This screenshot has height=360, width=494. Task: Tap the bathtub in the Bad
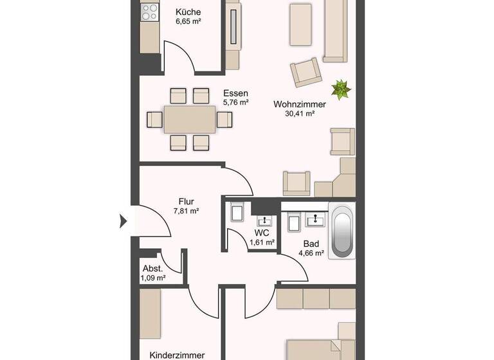[342, 231]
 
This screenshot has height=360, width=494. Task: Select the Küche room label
[188, 12]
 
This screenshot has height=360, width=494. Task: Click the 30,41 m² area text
[299, 114]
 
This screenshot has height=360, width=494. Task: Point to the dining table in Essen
[190, 119]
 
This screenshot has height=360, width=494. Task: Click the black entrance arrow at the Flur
[123, 222]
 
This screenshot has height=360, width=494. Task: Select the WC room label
[262, 232]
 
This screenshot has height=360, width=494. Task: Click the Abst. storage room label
[152, 269]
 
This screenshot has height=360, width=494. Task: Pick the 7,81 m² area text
[187, 210]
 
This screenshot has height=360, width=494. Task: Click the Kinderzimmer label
[177, 355]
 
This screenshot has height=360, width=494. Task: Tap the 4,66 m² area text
[311, 253]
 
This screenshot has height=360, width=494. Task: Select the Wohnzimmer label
[299, 104]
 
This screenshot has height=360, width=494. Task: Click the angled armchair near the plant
[306, 72]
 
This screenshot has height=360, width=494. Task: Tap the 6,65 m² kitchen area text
[188, 21]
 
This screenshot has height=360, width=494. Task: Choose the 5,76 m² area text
[235, 102]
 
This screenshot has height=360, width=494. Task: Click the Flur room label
[187, 201]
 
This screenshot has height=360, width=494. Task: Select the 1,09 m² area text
[152, 278]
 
